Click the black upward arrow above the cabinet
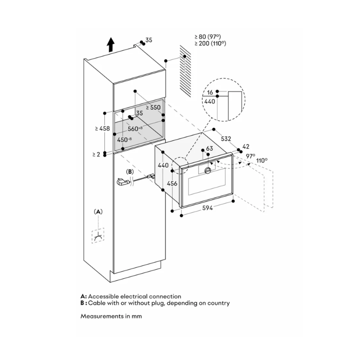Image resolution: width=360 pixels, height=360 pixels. tap(111, 45)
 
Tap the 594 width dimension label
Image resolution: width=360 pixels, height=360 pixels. tap(207, 208)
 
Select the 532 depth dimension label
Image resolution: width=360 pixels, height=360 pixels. tap(226, 139)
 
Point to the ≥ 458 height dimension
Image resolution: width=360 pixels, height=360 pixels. tap(103, 129)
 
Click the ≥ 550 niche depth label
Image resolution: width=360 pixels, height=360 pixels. tap(153, 108)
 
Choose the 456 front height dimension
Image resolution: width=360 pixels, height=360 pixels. tap(172, 183)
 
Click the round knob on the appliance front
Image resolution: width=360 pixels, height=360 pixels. tap(208, 171)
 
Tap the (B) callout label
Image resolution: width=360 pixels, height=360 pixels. tap(130, 172)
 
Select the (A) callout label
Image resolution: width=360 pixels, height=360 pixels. tap(98, 211)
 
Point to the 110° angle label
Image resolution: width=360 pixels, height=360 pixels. tap(262, 160)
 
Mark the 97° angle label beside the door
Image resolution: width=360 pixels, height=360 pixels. tap(251, 156)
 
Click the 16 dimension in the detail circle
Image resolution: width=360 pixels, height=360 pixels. tap(210, 92)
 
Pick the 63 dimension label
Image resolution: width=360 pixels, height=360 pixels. tap(209, 148)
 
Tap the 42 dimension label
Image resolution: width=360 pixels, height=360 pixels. tap(246, 147)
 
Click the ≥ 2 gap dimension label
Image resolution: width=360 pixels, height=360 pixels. tap(96, 154)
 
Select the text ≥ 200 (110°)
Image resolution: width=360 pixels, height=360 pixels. tap(210, 43)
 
